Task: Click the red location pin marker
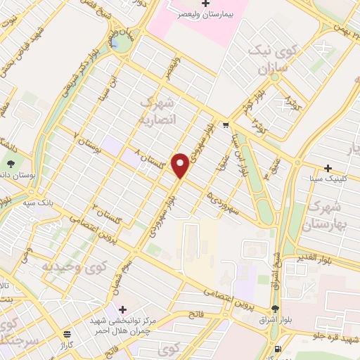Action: click(181, 165)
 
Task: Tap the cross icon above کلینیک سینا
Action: click(328, 169)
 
